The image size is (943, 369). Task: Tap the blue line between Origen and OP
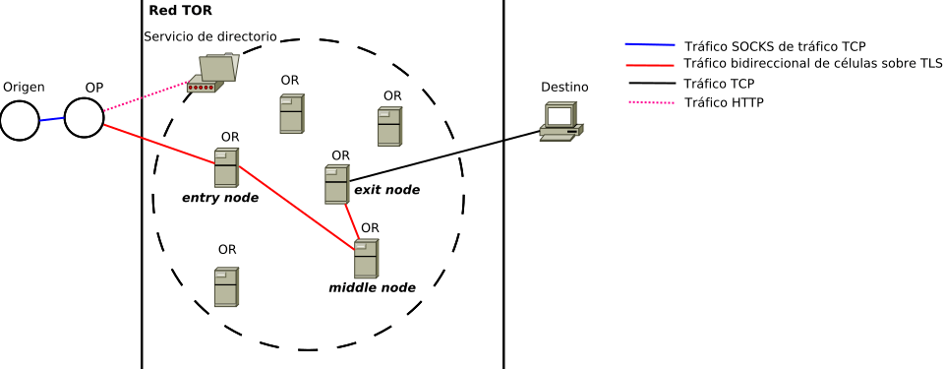coord(52,120)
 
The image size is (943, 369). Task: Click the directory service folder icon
coord(213,73)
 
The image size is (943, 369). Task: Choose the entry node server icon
coord(227,167)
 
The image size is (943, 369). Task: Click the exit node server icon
coord(336,184)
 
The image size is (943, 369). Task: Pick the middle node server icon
coord(366,258)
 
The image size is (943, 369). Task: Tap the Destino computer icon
coord(561,122)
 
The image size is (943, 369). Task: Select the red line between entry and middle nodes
coord(296,207)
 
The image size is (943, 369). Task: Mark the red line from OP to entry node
coord(160,144)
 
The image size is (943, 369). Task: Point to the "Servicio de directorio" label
coord(210,36)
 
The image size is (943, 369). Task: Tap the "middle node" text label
coord(372,287)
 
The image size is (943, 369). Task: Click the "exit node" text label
coord(386,190)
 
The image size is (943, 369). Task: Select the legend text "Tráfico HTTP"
coord(724,102)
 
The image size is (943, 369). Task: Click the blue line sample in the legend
coord(650,44)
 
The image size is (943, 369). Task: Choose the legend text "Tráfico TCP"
coord(719,83)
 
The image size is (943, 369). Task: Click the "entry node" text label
coord(220,198)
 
